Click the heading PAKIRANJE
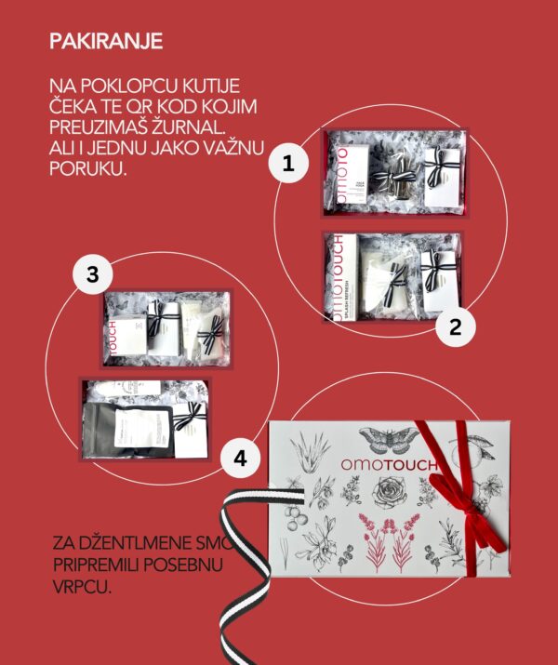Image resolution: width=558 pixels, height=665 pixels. [x=106, y=41]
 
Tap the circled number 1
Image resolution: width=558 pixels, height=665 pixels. [x=288, y=165]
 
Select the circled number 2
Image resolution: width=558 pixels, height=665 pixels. [x=455, y=326]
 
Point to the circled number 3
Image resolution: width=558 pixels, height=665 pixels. [x=92, y=274]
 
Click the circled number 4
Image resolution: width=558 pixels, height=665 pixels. [x=240, y=458]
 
